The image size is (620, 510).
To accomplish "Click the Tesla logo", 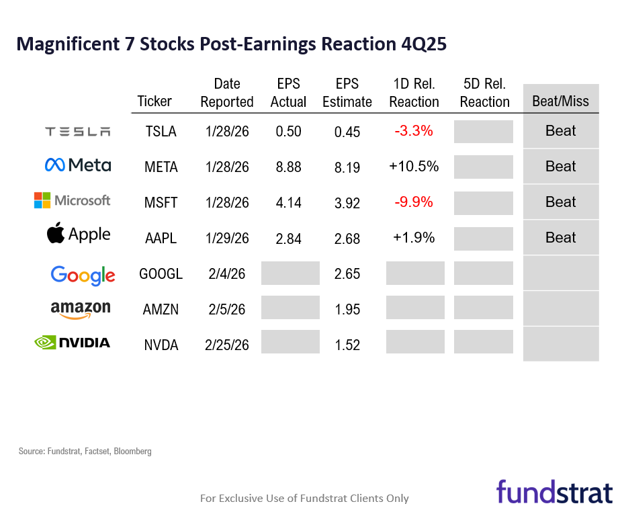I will click(78, 132).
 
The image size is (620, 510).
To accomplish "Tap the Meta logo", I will click(78, 165).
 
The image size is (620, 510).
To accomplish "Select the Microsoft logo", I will click(73, 200).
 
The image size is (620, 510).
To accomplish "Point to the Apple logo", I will click(78, 234).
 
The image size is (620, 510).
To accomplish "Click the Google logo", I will click(83, 274).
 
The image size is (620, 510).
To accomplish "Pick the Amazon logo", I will click(80, 308).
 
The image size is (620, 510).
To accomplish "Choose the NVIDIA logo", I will click(72, 343).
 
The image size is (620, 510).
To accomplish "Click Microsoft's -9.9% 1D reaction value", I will click(414, 202).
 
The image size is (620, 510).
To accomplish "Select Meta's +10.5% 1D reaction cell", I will click(414, 166).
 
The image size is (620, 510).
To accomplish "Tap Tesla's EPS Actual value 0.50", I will click(289, 131).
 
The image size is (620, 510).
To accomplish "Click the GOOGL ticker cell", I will click(161, 274).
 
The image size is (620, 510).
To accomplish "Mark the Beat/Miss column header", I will click(560, 101).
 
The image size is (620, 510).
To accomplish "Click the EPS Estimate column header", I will click(347, 93).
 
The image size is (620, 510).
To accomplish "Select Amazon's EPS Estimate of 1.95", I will click(347, 310).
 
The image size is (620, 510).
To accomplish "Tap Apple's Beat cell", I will click(560, 238).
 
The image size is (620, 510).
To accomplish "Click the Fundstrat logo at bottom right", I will click(554, 491).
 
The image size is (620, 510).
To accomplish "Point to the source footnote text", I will click(85, 452).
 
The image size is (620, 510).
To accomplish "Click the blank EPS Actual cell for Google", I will click(290, 273).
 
